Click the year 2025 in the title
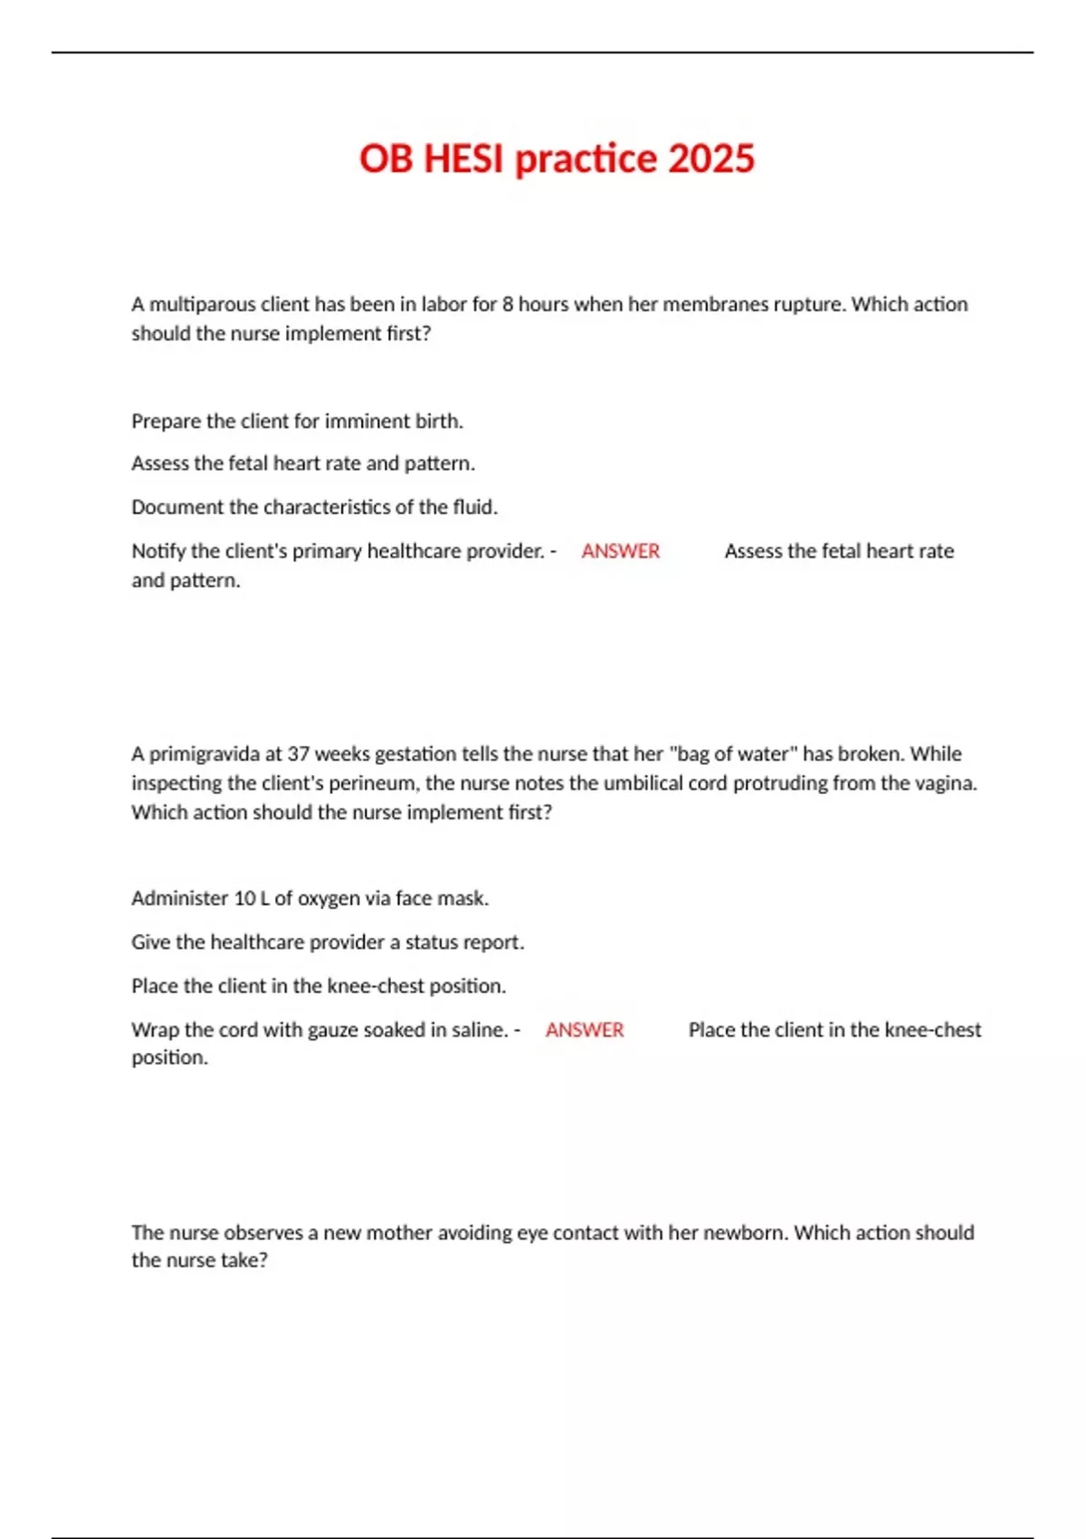coord(711,158)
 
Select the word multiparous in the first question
coord(202,304)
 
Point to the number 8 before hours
coord(508,304)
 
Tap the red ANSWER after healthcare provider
coord(620,551)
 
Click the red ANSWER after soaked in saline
coord(584,1030)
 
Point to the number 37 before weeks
coord(299,754)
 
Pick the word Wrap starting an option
coord(155,1030)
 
